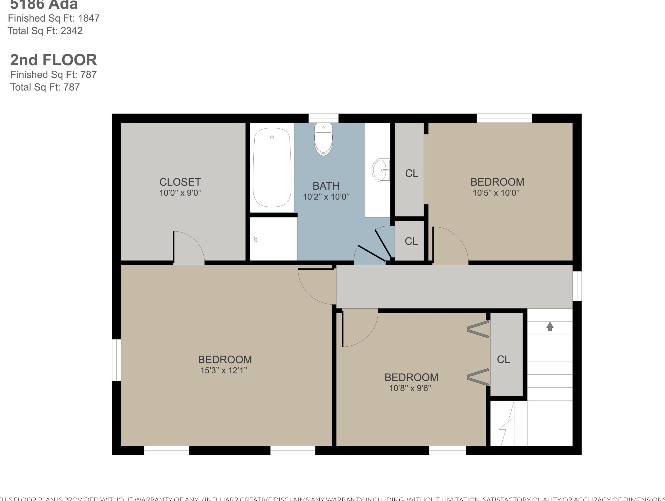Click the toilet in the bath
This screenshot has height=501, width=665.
point(324,139)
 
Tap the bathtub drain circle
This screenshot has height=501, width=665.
point(272,137)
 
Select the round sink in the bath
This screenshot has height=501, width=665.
point(381,170)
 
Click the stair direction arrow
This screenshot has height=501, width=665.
point(550,326)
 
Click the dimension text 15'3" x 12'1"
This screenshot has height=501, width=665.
point(224,370)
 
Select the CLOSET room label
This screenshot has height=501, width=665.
point(180,182)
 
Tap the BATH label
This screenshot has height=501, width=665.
point(326,186)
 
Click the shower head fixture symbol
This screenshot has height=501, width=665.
point(254,239)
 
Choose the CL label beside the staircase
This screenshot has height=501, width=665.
point(504,359)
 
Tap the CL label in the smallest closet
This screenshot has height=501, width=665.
point(411,241)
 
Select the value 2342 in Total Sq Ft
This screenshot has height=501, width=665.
point(72,31)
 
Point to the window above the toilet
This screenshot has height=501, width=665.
point(324,118)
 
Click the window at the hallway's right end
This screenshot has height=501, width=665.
point(577,286)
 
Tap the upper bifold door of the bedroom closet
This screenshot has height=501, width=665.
point(478,329)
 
